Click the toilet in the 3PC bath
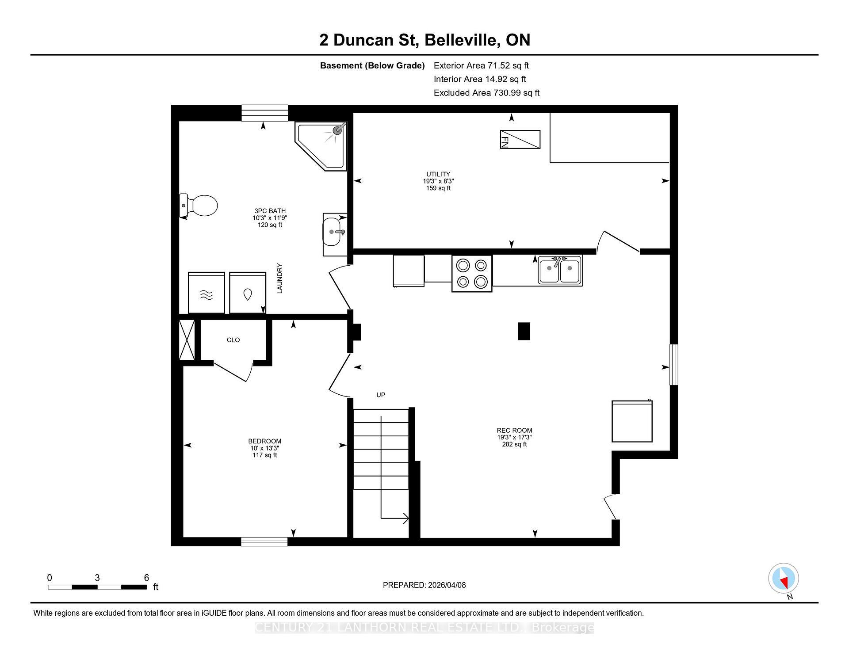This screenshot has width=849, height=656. (x=200, y=206)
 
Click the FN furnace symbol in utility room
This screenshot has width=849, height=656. (x=520, y=139)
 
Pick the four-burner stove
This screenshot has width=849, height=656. (x=472, y=274)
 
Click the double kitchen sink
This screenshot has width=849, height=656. (x=560, y=270)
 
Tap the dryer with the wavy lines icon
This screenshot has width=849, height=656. (x=206, y=293)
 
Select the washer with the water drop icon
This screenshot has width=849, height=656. (x=248, y=293)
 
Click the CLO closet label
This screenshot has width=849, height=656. (x=233, y=340)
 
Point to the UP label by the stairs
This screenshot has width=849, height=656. (x=381, y=395)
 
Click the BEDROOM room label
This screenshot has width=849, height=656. (x=264, y=441)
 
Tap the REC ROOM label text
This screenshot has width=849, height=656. (x=514, y=430)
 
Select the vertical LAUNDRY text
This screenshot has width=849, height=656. (x=279, y=278)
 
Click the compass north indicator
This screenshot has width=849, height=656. (x=784, y=579)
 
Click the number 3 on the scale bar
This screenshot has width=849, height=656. (x=97, y=578)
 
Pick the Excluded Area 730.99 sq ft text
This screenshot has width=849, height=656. (x=486, y=93)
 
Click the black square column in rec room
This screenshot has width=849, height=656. (x=524, y=331)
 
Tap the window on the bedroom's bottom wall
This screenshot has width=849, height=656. (x=264, y=542)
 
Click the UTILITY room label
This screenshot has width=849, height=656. (x=438, y=174)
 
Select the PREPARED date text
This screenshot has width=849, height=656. (x=424, y=585)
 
